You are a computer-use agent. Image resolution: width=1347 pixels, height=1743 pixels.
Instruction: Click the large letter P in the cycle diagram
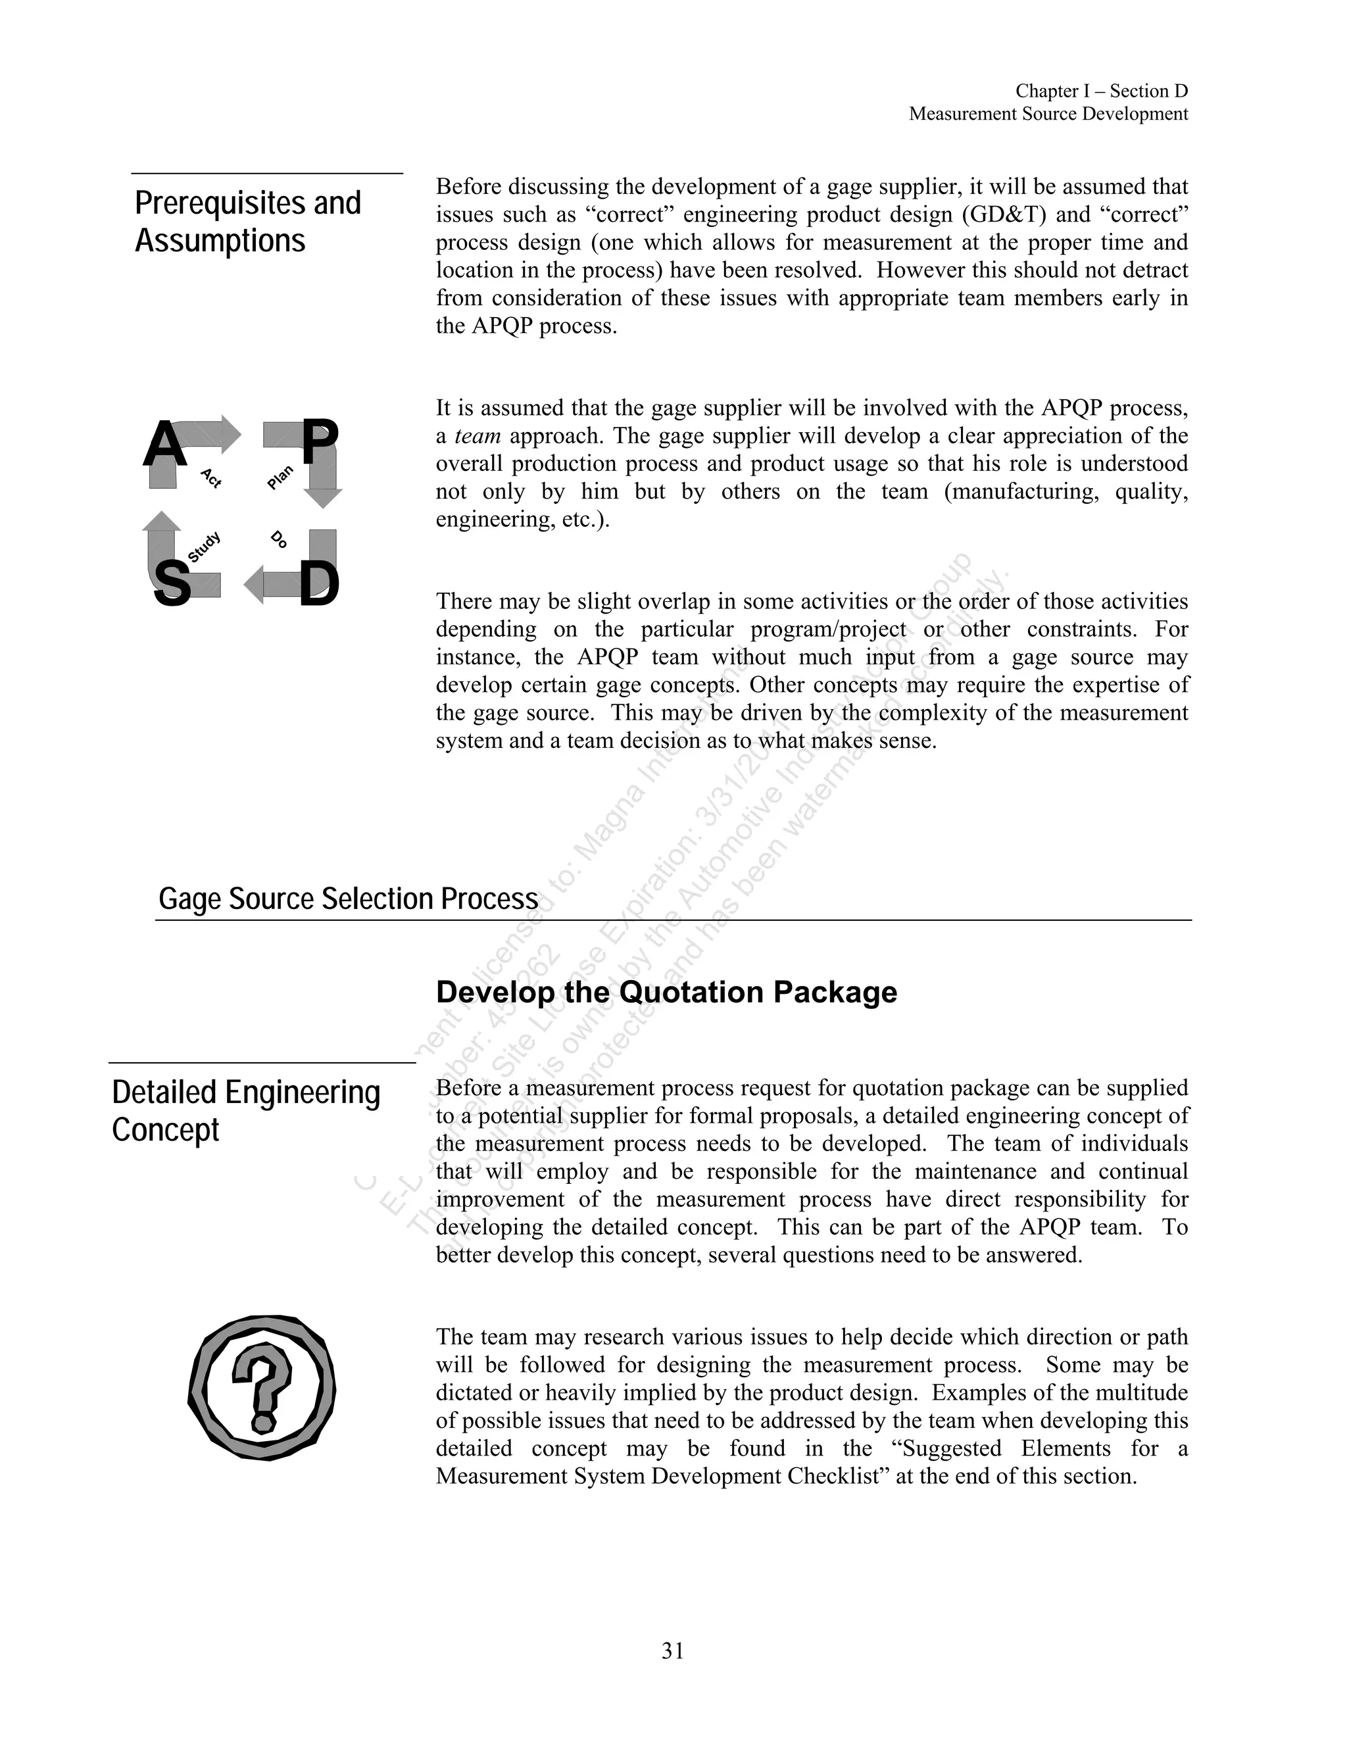point(319,445)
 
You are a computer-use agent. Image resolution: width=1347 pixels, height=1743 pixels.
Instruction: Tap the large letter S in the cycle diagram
point(172,583)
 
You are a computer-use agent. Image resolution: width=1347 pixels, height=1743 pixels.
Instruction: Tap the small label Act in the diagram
point(210,478)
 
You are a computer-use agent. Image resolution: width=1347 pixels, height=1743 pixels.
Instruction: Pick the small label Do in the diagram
point(278,539)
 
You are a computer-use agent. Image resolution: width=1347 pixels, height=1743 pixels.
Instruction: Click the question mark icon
point(262,1388)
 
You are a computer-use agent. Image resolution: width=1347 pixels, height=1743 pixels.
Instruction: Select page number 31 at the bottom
point(673,1651)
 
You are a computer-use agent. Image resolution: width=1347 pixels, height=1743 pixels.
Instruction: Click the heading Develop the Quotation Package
point(666,992)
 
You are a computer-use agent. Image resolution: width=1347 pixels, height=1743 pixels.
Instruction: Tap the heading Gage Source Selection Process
point(348,898)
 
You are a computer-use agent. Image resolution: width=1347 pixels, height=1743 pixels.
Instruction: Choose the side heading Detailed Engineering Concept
point(246,1110)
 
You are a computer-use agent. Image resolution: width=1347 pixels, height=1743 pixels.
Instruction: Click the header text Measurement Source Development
point(1048,114)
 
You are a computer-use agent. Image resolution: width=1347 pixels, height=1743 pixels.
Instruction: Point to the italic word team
point(478,435)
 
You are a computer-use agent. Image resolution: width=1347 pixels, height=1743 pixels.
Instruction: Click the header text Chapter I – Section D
point(1101,91)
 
